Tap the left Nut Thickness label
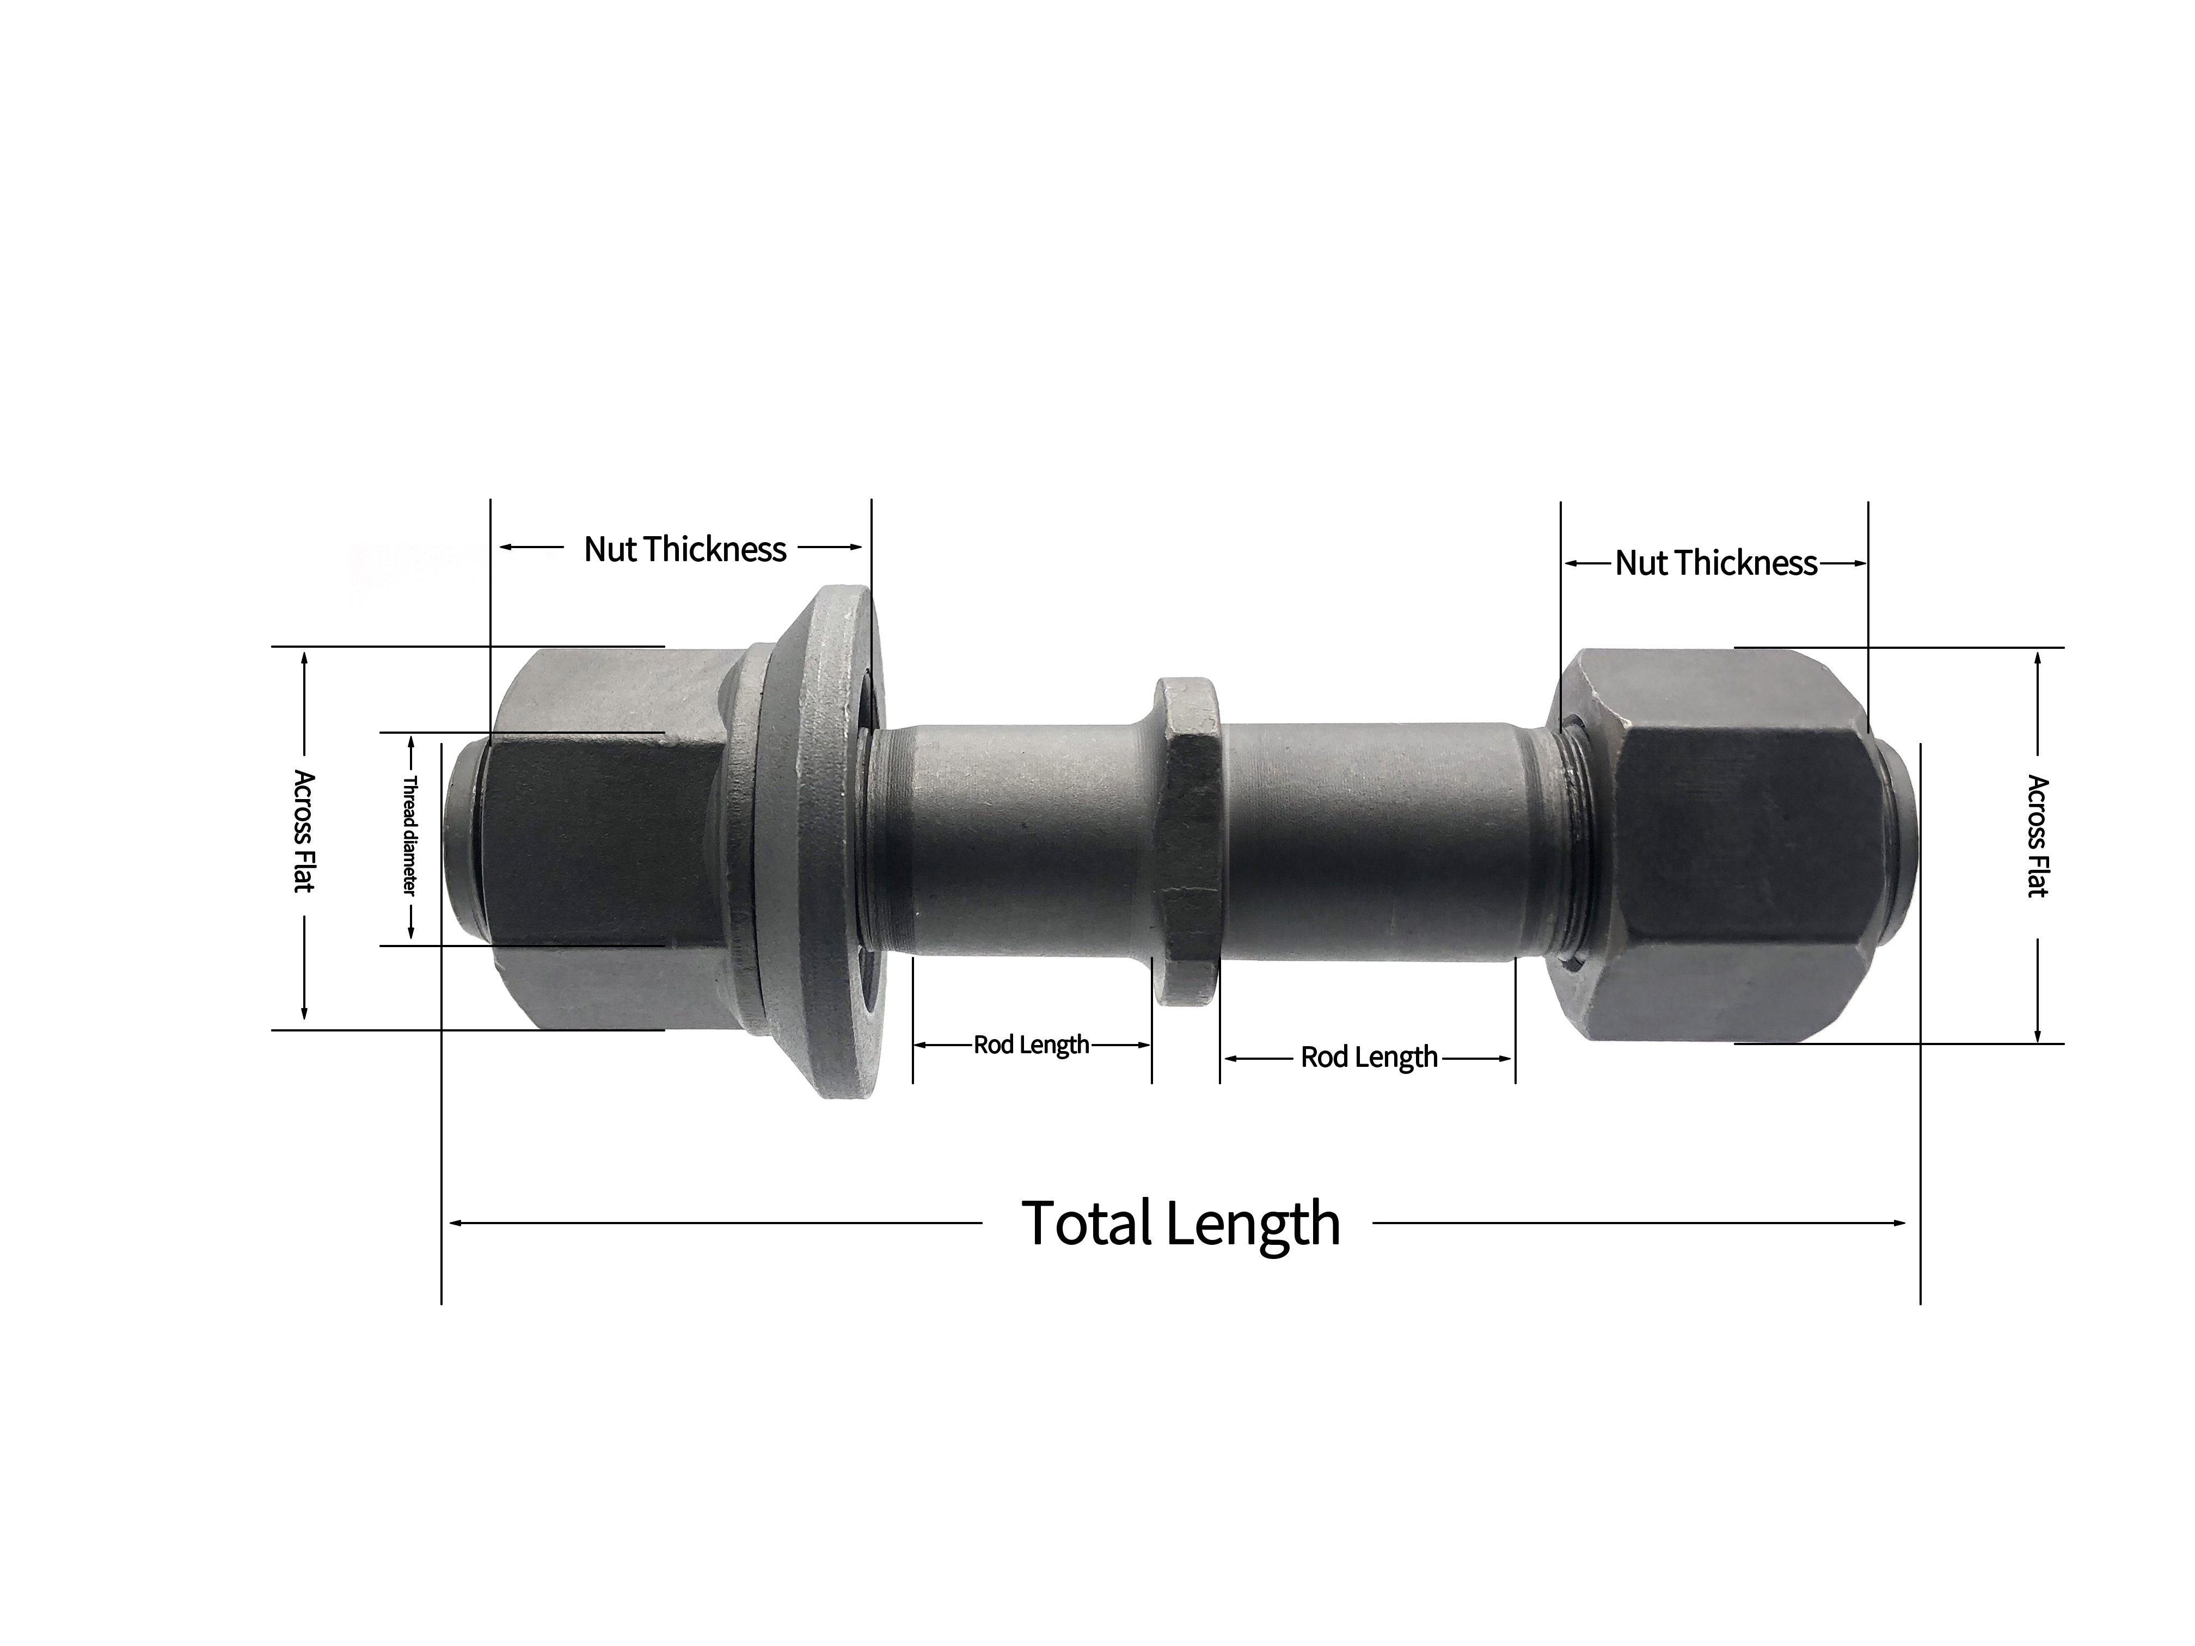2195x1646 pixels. tap(685, 549)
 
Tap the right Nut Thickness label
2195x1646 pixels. tap(1716, 563)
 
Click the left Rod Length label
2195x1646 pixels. tap(1031, 1044)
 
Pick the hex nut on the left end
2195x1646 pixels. tap(605, 838)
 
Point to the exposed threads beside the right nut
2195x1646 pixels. tap(1573, 843)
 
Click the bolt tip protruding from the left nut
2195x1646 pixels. tap(462, 838)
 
